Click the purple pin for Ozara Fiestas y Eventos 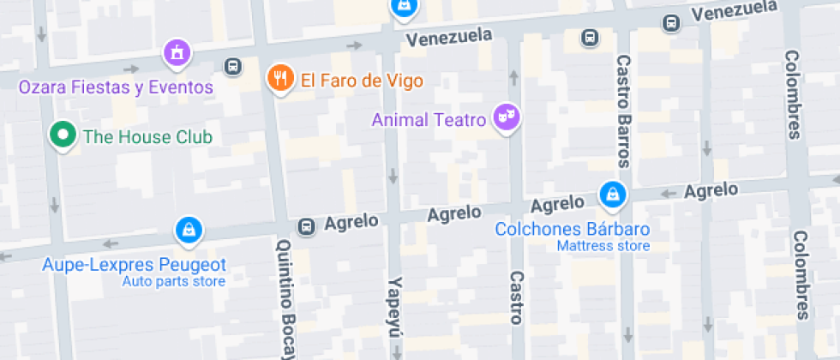pos(177,53)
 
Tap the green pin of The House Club pos(62,135)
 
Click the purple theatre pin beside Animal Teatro pos(507,117)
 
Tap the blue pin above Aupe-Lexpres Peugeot pos(188,230)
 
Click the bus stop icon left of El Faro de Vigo pos(231,66)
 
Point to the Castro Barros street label pos(623,111)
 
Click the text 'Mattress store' pos(603,246)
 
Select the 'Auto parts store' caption pos(173,281)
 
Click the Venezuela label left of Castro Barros pos(450,36)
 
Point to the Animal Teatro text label pos(429,119)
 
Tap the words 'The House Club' pos(147,136)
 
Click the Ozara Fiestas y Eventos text pos(116,87)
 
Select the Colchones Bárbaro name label pos(573,230)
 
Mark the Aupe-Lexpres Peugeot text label pos(135,265)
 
